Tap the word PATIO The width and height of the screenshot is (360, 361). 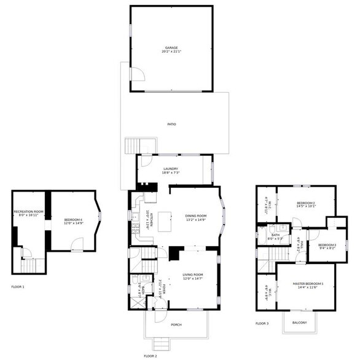[x=172, y=124]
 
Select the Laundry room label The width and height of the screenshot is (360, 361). [x=170, y=171]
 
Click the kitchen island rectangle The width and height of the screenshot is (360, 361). [x=163, y=219]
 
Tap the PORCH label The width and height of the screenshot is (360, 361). [x=176, y=325]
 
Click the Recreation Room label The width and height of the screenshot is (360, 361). [x=29, y=213]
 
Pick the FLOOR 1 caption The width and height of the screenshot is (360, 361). [x=18, y=287]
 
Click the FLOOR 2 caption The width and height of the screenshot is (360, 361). [x=151, y=355]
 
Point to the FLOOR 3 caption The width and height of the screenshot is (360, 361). [x=262, y=323]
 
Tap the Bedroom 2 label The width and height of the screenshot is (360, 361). [x=305, y=204]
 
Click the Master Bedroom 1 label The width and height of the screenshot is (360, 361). [x=307, y=284]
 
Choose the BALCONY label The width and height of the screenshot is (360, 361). [x=299, y=322]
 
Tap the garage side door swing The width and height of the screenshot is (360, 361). [x=139, y=74]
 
